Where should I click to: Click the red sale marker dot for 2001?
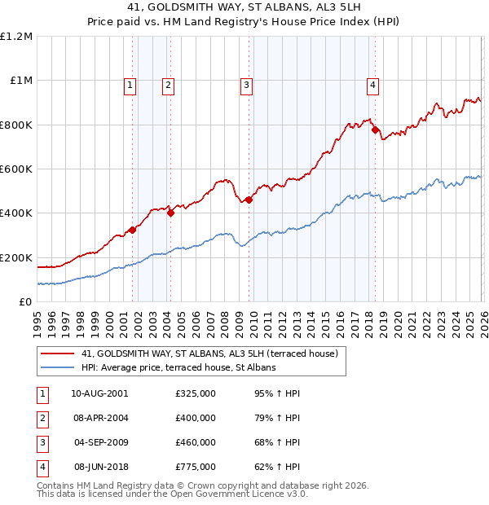click(132, 230)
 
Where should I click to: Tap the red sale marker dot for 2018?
click(375, 130)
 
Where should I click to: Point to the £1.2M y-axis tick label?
click(16, 37)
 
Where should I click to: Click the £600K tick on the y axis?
click(16, 169)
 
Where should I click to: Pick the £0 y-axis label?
click(24, 301)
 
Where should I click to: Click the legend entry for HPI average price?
click(178, 368)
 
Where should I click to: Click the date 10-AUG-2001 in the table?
click(99, 393)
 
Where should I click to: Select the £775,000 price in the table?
click(196, 467)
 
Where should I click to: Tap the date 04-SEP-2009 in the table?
click(99, 442)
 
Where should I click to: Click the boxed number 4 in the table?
click(42, 467)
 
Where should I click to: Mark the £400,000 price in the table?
click(196, 418)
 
